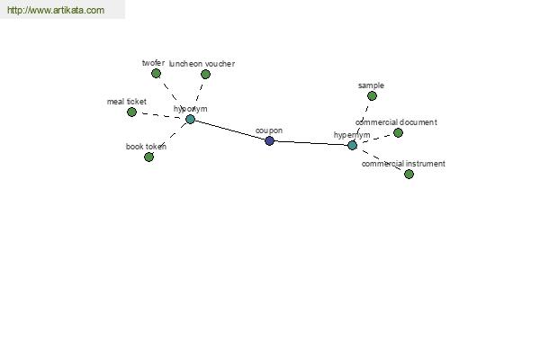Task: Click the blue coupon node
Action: tap(269, 140)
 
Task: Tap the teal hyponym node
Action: tap(190, 119)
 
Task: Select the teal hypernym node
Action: tap(352, 146)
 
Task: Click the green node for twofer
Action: tap(156, 74)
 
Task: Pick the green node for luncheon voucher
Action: tap(205, 74)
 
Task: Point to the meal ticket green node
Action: tap(131, 112)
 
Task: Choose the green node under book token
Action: tap(148, 157)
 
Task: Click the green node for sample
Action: tap(372, 95)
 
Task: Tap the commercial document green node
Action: tap(398, 132)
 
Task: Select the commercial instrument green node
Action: tap(409, 175)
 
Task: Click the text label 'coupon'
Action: tap(269, 130)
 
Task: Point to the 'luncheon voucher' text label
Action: tap(202, 64)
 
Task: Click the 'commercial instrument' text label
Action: tap(403, 164)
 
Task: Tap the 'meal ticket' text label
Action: tap(127, 102)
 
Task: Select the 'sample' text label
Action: tap(371, 85)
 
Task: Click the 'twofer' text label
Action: tap(153, 63)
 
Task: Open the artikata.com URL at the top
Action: tap(56, 10)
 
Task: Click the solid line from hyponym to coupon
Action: tap(229, 130)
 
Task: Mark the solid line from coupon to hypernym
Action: tap(310, 143)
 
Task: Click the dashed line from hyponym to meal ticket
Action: tap(161, 115)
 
